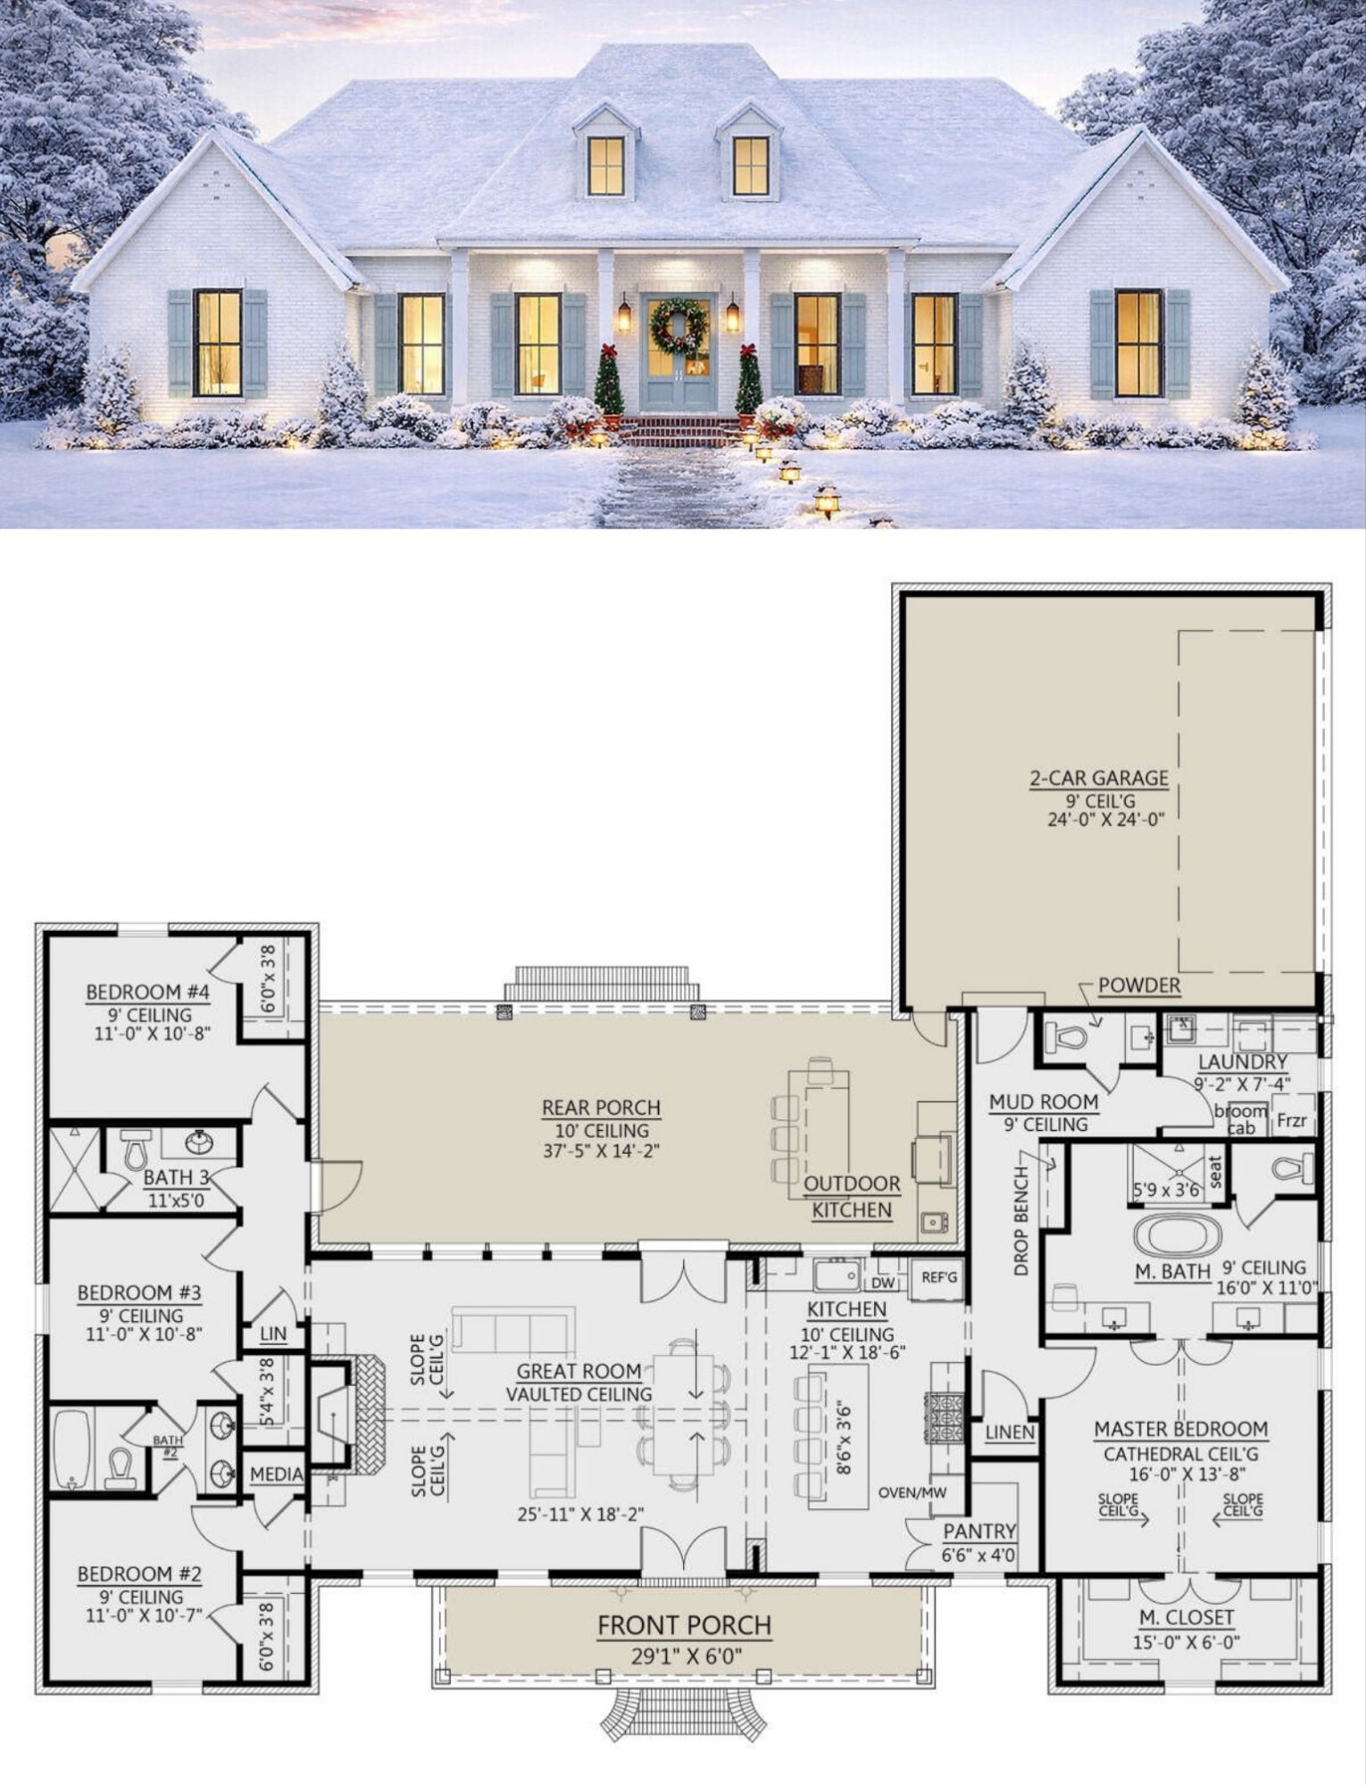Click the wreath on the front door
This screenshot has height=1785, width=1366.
point(679,328)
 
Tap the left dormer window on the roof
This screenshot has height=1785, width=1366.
point(607,166)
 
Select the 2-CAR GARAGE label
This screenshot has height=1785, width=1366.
point(1099,777)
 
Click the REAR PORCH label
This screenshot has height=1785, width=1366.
point(601,1108)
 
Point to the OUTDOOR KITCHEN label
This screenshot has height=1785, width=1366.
point(851,1197)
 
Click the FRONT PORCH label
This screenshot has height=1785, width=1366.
point(684,1625)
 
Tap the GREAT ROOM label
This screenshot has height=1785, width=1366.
point(579,1371)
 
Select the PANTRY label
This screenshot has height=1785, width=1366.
point(979,1532)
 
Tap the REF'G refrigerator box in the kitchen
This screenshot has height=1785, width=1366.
point(939,1277)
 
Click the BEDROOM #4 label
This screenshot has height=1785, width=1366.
point(147,992)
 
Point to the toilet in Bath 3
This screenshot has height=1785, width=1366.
point(135,1150)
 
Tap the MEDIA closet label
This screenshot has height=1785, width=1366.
point(276,1474)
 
